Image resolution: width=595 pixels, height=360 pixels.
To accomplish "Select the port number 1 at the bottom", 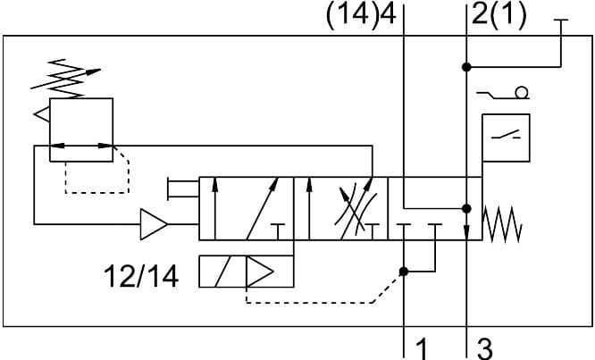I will point(423,347).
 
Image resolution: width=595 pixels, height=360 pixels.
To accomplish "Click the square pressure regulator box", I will point(81,130).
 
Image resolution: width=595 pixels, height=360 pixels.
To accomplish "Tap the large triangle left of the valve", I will point(154,224).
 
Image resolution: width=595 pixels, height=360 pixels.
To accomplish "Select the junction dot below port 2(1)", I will point(465,66).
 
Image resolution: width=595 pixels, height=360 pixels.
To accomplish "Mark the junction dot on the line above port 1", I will point(404,272).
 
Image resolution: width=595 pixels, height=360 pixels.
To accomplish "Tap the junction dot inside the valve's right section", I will point(465,208).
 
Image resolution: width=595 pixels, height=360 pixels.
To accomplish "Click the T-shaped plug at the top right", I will point(560,23).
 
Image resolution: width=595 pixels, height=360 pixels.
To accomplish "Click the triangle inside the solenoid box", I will point(261,272).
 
